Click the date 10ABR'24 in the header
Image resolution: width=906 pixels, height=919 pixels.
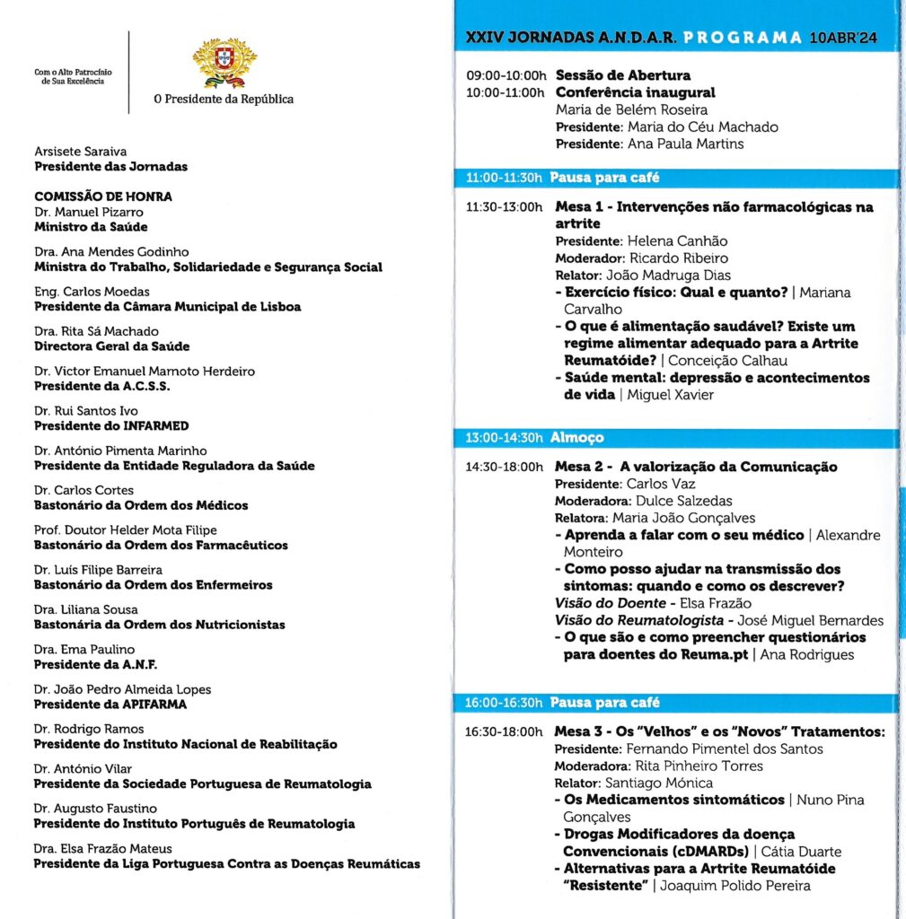(x=845, y=38)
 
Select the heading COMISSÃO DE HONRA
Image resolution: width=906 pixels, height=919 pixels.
(x=103, y=197)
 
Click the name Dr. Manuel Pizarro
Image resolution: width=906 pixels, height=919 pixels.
(x=89, y=212)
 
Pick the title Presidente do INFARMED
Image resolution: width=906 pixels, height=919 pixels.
(x=111, y=426)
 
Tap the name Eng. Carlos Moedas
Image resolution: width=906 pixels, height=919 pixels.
(x=92, y=292)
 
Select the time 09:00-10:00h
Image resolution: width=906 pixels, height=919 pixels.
(x=506, y=75)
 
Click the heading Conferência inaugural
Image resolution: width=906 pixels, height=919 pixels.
(x=636, y=92)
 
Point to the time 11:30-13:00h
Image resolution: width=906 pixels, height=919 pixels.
(x=505, y=207)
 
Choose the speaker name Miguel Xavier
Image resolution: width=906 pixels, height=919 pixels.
(x=670, y=395)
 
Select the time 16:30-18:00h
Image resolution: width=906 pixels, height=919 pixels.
(x=505, y=732)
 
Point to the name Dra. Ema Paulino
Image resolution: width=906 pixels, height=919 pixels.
(x=84, y=649)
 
